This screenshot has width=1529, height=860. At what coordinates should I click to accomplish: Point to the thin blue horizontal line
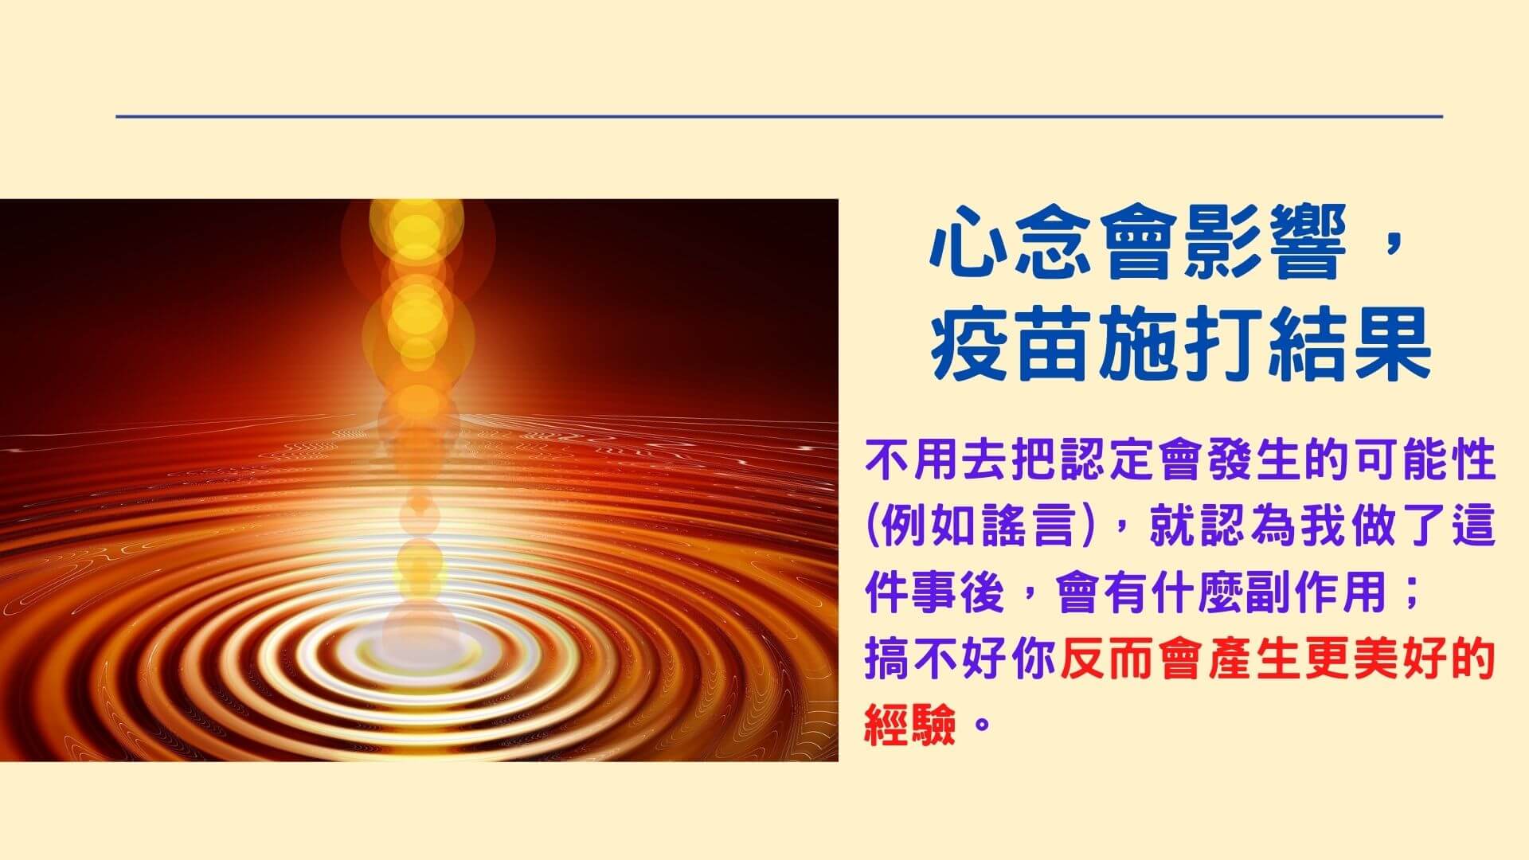[x=779, y=116]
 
